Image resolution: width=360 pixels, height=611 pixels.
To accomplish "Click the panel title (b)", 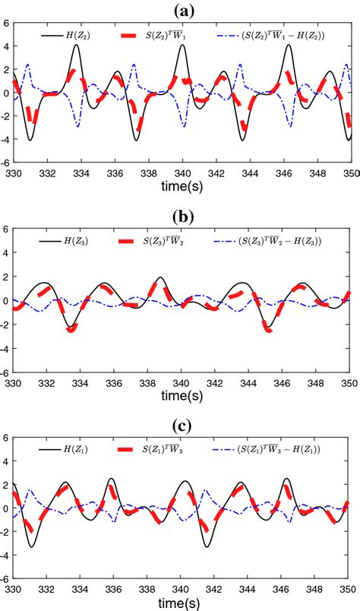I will [182, 217].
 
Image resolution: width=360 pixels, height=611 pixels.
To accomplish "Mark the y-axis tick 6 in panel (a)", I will [7, 24].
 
